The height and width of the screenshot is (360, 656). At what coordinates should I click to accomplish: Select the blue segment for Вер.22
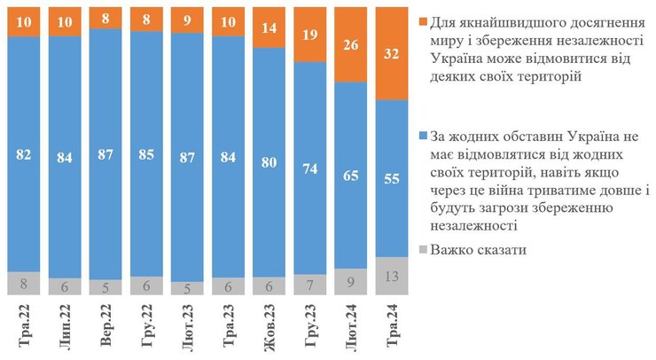[105, 151]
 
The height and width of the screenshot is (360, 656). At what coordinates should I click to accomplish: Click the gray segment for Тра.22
[24, 283]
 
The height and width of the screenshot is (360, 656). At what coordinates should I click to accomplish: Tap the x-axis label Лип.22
[65, 326]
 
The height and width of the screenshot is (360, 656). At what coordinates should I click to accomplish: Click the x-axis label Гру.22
[146, 326]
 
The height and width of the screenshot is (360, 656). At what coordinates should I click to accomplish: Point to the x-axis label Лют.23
[187, 326]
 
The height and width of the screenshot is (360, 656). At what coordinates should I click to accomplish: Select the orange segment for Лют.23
[187, 21]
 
